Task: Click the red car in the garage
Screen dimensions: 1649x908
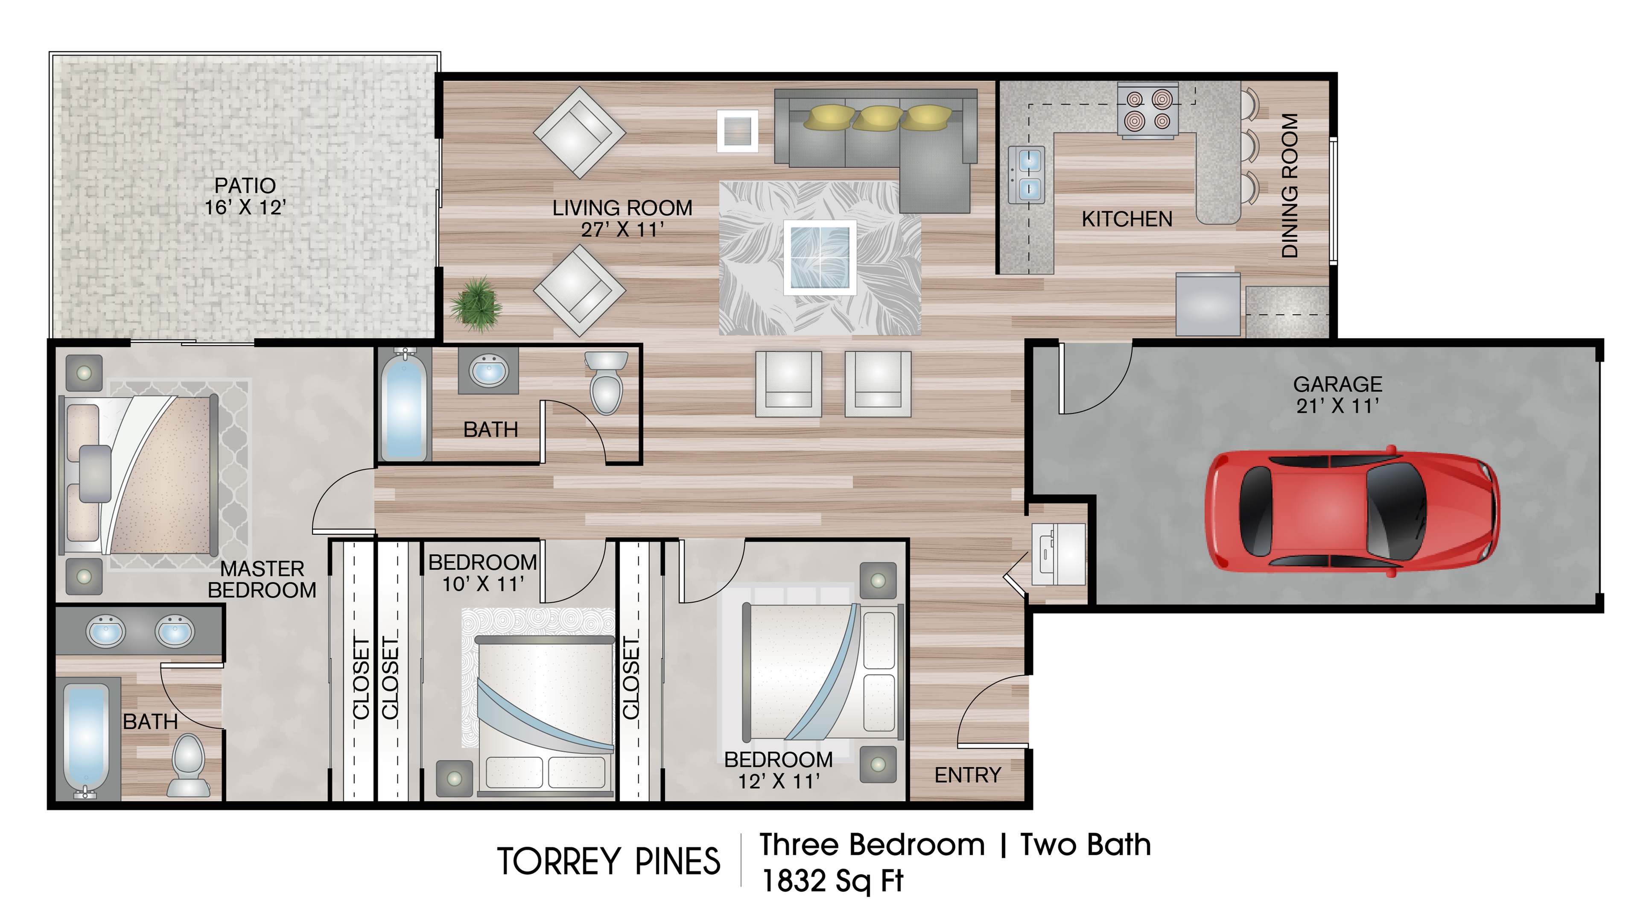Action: tap(1352, 510)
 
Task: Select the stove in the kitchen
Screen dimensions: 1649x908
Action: tap(1148, 110)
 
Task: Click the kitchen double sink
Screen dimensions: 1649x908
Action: tap(1027, 174)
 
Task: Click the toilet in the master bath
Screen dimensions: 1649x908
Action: tap(189, 766)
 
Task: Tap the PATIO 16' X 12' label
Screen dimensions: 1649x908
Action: tap(245, 196)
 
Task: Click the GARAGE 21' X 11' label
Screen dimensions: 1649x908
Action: tap(1338, 395)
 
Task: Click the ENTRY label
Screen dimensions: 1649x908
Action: tap(967, 776)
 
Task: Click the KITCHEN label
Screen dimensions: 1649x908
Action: tap(1127, 219)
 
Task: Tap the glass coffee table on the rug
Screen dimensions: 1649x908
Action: tap(820, 258)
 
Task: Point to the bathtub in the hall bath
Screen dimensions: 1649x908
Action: tap(404, 405)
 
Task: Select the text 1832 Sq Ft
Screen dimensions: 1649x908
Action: tap(832, 881)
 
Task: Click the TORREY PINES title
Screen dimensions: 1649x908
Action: tap(609, 861)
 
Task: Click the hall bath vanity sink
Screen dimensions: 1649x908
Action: tap(488, 371)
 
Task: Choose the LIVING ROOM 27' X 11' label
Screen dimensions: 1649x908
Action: tap(622, 218)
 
